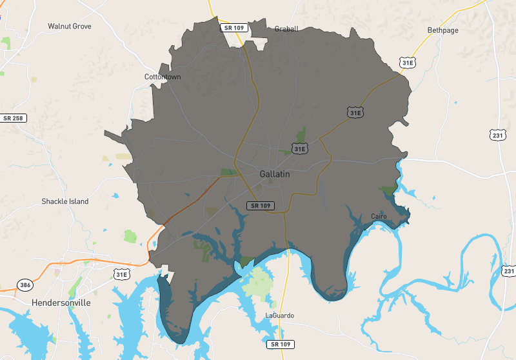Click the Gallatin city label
pos(275,174)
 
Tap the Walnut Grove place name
pos(70,26)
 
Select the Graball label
pos(286,29)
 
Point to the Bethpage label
pos(442,30)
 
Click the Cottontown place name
pos(163,77)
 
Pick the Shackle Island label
pos(65,201)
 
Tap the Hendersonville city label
pos(61,303)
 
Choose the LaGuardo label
pos(279,315)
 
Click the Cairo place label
pos(379,216)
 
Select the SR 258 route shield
pos(13,118)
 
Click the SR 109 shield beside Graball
pos(232,28)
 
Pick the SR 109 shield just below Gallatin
pos(261,205)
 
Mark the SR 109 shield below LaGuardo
pos(282,344)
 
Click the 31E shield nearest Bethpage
pos(407,63)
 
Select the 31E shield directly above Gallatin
pos(299,149)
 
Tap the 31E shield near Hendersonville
pos(121,274)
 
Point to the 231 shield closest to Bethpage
pos(497,135)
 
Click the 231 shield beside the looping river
pos(509,272)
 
